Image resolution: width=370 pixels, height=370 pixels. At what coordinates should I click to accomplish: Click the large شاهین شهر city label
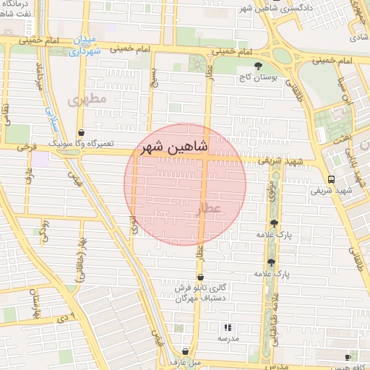(176, 147)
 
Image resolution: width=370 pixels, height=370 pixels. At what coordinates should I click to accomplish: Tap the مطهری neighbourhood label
(87, 100)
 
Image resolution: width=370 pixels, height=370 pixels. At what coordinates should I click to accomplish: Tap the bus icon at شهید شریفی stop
(331, 180)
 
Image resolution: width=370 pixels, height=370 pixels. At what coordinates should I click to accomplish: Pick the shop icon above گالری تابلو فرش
(199, 277)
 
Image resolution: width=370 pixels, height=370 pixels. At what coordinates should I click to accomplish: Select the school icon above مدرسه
(228, 327)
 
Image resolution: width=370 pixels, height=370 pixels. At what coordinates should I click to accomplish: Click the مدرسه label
(228, 338)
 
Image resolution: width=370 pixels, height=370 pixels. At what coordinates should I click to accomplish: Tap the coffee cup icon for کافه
(348, 357)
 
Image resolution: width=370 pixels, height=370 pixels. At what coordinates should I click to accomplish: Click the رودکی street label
(45, 228)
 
